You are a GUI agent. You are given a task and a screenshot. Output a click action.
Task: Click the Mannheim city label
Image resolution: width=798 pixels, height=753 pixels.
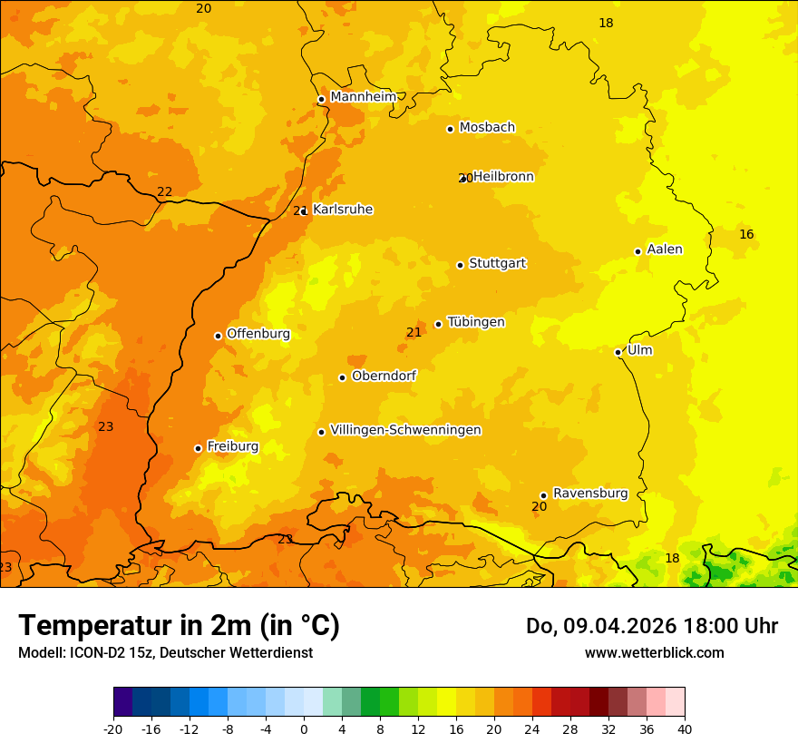tap(363, 97)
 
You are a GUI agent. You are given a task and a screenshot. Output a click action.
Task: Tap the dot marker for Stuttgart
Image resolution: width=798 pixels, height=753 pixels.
tap(460, 265)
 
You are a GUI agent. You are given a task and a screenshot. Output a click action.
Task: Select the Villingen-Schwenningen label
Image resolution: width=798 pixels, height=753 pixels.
tap(405, 430)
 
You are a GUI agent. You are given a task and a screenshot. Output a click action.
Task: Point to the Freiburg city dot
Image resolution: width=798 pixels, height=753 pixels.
tap(198, 448)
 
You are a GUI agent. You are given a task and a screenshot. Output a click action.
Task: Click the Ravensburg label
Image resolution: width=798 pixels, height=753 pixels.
tap(589, 494)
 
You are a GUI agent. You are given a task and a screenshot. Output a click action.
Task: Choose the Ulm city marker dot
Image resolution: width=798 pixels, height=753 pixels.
tap(618, 352)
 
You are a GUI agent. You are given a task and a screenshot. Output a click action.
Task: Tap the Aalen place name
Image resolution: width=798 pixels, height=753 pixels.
tap(664, 249)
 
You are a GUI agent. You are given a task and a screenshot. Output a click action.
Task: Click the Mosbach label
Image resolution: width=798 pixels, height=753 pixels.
tap(486, 128)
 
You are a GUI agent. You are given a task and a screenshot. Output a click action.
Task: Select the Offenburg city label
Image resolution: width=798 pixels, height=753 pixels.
tap(258, 334)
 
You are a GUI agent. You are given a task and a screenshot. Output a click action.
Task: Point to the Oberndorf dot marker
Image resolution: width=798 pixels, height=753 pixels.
tap(342, 377)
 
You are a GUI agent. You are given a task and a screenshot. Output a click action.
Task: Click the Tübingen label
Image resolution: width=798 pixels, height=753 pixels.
tap(475, 322)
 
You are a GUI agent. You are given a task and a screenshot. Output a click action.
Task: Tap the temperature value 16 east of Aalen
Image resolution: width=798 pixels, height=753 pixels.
tap(746, 235)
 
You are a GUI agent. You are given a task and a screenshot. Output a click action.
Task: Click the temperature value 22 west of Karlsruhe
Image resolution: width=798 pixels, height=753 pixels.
tap(164, 192)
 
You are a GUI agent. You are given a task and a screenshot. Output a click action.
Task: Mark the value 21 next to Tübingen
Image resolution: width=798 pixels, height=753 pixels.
tap(414, 333)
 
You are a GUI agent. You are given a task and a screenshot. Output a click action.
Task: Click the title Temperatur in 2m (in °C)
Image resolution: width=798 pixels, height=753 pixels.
tap(179, 625)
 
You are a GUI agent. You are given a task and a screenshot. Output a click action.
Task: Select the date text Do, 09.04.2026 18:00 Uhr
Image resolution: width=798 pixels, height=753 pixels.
tap(651, 626)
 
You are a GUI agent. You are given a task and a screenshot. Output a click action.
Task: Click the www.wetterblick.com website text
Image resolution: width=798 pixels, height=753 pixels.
tap(654, 653)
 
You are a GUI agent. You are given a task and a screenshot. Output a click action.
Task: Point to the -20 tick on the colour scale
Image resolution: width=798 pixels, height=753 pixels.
tap(113, 729)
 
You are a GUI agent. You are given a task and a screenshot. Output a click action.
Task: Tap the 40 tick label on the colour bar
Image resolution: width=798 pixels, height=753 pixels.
tap(685, 729)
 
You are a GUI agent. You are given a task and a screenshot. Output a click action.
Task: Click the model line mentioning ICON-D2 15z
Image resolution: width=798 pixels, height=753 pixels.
tap(165, 653)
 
